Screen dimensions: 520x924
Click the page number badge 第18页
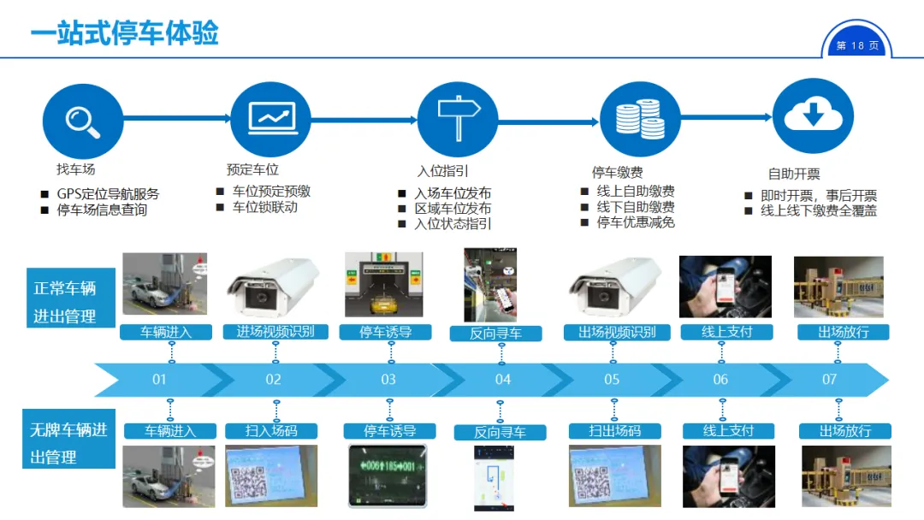click(856, 46)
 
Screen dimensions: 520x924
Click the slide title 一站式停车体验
click(125, 32)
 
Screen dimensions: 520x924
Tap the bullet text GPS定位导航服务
click(108, 194)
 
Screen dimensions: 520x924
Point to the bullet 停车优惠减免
click(635, 222)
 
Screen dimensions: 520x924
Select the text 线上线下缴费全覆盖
click(819, 210)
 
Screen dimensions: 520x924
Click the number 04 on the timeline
click(502, 379)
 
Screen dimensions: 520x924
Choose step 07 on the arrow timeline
click(828, 379)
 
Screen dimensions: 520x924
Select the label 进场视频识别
click(275, 331)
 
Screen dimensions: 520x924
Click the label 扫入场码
click(271, 430)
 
